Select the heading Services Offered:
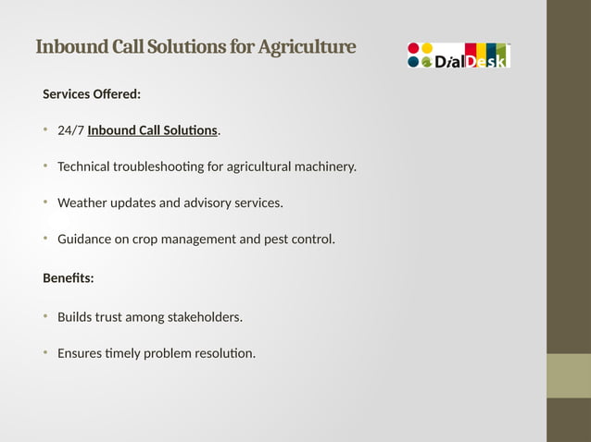pyautogui.click(x=92, y=94)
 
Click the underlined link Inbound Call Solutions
pyautogui.click(x=153, y=130)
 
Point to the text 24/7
pyautogui.click(x=70, y=130)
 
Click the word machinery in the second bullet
pyautogui.click(x=320, y=167)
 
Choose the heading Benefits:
pyautogui.click(x=69, y=277)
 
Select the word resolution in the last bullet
pyautogui.click(x=221, y=353)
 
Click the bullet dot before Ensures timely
pyautogui.click(x=45, y=352)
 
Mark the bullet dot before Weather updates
pyautogui.click(x=45, y=202)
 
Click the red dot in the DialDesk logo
pyautogui.click(x=413, y=48)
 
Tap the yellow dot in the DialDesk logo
pyautogui.click(x=427, y=48)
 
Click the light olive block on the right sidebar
pyautogui.click(x=568, y=375)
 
